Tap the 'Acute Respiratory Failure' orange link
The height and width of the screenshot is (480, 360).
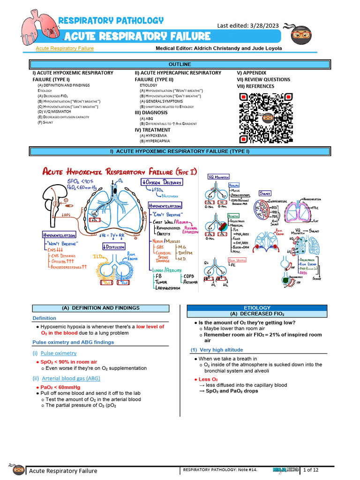65,48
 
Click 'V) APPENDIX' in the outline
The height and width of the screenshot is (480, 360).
252,73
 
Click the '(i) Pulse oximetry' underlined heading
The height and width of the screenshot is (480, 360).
54,353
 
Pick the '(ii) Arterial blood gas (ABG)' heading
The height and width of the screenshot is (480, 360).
66,378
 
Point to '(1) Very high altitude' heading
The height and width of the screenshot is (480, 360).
217,350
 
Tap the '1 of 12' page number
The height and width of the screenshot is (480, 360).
312,470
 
